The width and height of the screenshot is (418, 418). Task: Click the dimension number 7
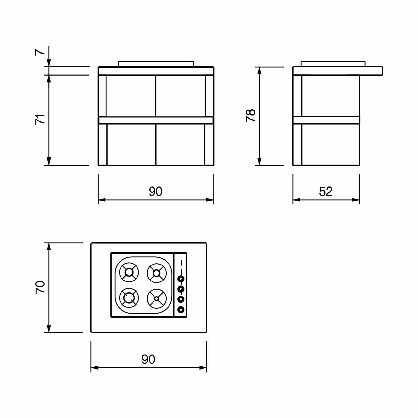40,52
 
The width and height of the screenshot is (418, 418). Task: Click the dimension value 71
40,119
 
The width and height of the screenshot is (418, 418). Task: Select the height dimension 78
250,116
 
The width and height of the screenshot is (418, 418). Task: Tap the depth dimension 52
326,192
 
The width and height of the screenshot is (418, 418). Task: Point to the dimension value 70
40,287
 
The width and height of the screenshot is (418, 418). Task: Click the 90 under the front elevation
155,192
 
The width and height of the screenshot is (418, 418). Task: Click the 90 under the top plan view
148,360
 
